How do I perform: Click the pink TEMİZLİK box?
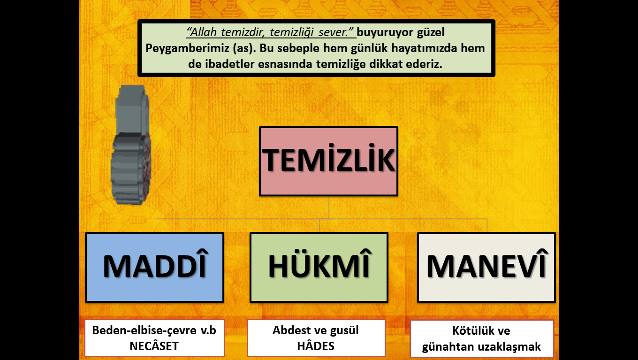click(x=328, y=161)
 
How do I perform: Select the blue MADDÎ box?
click(x=155, y=267)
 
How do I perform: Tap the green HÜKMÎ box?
click(x=319, y=267)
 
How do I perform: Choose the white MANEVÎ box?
click(x=486, y=267)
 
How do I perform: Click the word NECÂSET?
click(x=154, y=346)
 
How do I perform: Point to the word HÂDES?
click(x=316, y=346)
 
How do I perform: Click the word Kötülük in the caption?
click(x=470, y=330)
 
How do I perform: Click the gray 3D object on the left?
click(x=131, y=145)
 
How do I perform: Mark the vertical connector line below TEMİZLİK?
click(x=329, y=208)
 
